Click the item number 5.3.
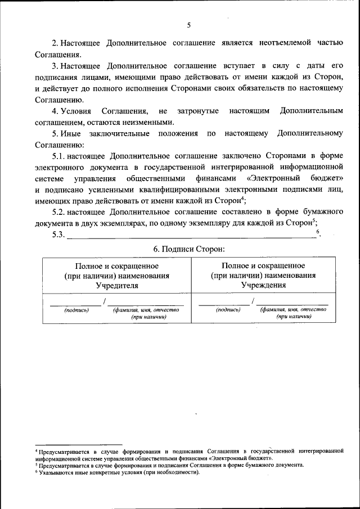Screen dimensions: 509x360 [x=58, y=235]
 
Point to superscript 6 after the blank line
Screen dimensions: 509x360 [x=318, y=232]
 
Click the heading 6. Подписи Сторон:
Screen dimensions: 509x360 [x=188, y=248]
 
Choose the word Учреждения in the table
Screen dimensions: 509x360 [x=263, y=285]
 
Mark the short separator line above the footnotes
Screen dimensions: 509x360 [x=78, y=444]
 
